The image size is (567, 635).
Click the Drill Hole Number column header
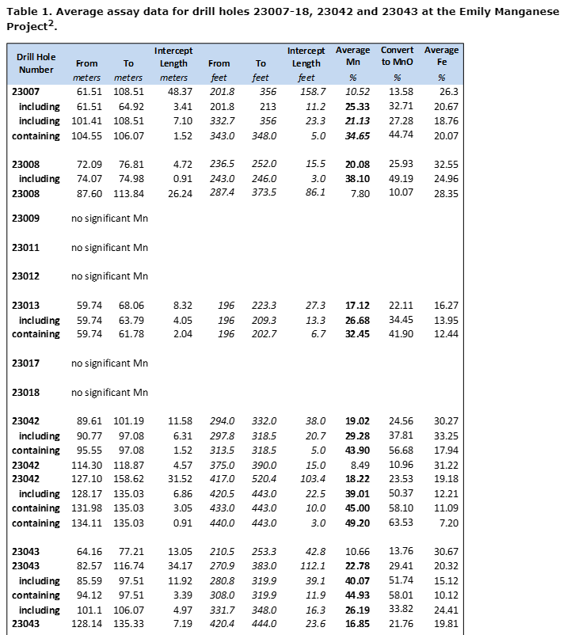(36, 63)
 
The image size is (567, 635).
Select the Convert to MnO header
(397, 56)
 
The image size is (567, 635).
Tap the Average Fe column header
(441, 56)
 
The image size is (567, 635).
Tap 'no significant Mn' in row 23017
(109, 363)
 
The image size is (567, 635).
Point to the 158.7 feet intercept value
(309, 92)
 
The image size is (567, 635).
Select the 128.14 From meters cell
(89, 625)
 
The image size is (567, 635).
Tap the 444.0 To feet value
(264, 625)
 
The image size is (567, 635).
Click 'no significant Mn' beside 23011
(109, 247)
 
